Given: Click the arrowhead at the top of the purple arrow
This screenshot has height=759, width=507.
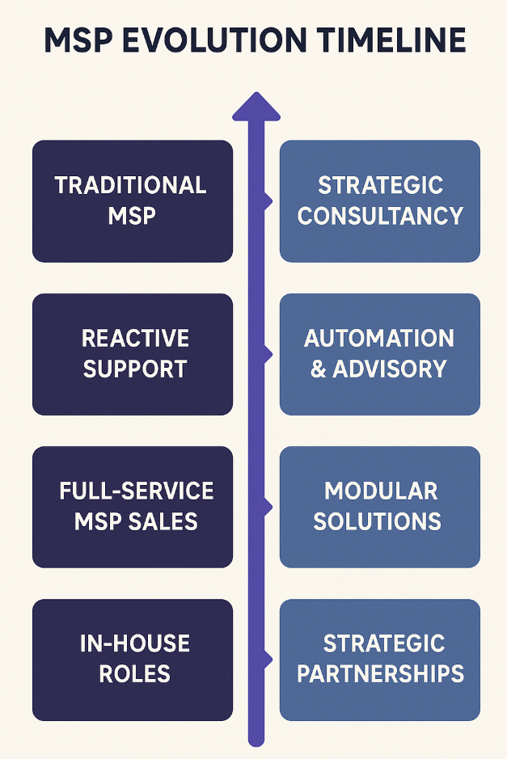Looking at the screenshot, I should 256,106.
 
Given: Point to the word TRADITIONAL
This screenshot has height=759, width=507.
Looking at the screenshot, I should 131,186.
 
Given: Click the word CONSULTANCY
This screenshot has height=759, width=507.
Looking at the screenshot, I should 380,217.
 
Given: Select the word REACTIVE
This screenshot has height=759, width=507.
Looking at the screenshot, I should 135,338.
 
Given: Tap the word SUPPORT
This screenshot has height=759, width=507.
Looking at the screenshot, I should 135,369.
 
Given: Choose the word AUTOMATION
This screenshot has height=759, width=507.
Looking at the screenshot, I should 379,338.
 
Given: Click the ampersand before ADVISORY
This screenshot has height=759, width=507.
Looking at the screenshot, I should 319,369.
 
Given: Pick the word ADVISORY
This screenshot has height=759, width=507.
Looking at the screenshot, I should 390,369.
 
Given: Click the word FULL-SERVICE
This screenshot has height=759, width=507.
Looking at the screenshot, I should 136,491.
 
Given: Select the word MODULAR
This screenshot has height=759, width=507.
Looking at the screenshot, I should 381,491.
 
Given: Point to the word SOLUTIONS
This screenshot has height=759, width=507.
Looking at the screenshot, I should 378,521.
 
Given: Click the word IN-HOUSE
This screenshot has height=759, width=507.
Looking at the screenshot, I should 135,643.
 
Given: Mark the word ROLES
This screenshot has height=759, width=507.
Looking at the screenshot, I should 133,674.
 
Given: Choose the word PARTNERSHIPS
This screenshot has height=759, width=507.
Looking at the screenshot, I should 380,674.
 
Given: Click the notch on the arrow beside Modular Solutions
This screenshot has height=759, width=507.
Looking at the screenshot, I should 267,506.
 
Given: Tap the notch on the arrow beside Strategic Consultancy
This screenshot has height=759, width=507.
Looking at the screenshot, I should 267,200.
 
